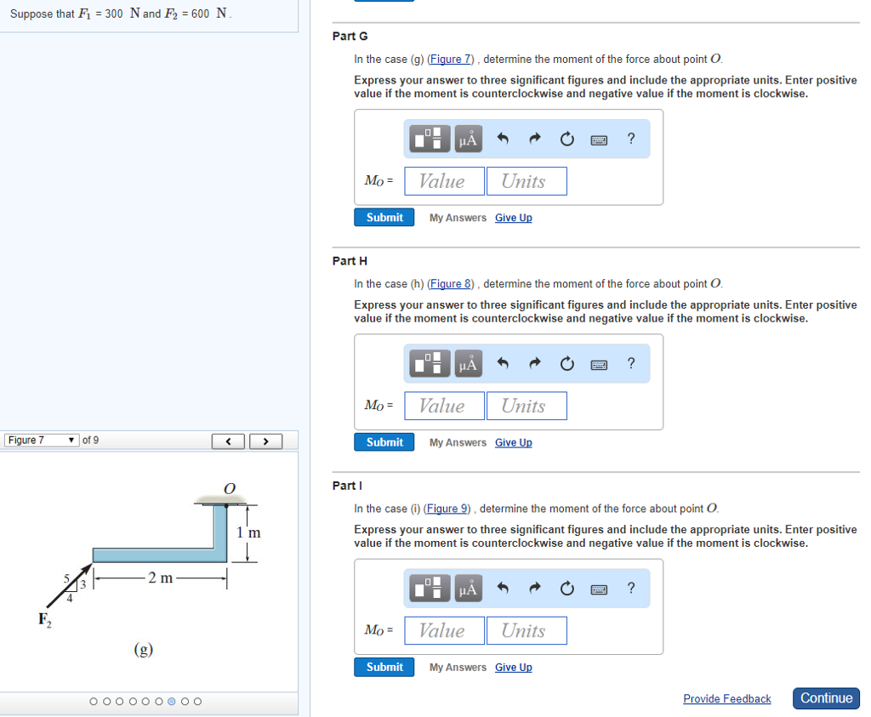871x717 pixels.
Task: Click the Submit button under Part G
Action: pyautogui.click(x=384, y=218)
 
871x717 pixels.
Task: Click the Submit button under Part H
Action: pyautogui.click(x=384, y=442)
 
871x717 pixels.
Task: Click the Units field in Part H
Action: pyautogui.click(x=527, y=406)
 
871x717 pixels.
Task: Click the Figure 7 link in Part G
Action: pyautogui.click(x=451, y=60)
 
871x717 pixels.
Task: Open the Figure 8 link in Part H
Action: pyautogui.click(x=451, y=284)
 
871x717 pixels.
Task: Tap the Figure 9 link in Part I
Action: pyautogui.click(x=447, y=509)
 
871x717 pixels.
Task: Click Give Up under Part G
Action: pyautogui.click(x=513, y=218)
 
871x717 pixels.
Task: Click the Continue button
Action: pyautogui.click(x=826, y=698)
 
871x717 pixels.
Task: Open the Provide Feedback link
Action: pyautogui.click(x=726, y=699)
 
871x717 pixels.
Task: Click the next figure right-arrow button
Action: pyautogui.click(x=265, y=441)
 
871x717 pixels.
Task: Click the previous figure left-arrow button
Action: pyautogui.click(x=229, y=441)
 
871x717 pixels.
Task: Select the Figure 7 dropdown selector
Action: pyautogui.click(x=42, y=441)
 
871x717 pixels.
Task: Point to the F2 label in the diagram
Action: pyautogui.click(x=44, y=619)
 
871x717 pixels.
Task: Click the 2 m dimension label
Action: pyautogui.click(x=160, y=579)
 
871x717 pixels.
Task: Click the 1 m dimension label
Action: pyautogui.click(x=248, y=532)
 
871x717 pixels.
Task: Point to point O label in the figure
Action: pyautogui.click(x=228, y=488)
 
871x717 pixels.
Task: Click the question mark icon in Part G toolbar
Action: pyautogui.click(x=630, y=139)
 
